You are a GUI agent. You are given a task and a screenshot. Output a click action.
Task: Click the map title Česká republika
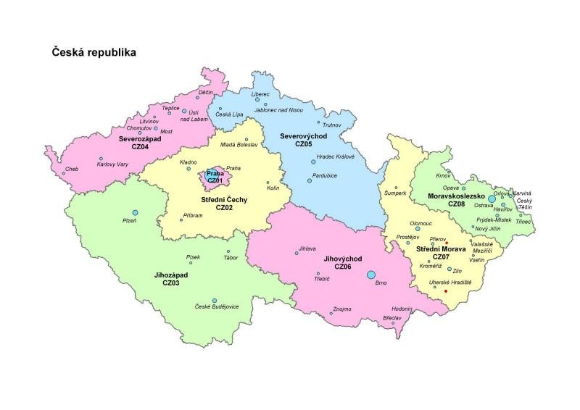92,53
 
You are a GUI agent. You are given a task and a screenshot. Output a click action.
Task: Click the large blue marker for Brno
371,275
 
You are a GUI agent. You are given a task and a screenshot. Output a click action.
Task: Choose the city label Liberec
260,94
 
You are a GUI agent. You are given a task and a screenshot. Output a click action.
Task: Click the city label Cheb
71,170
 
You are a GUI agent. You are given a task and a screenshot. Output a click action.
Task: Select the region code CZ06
343,267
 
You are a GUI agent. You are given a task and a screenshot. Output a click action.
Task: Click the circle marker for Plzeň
135,212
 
